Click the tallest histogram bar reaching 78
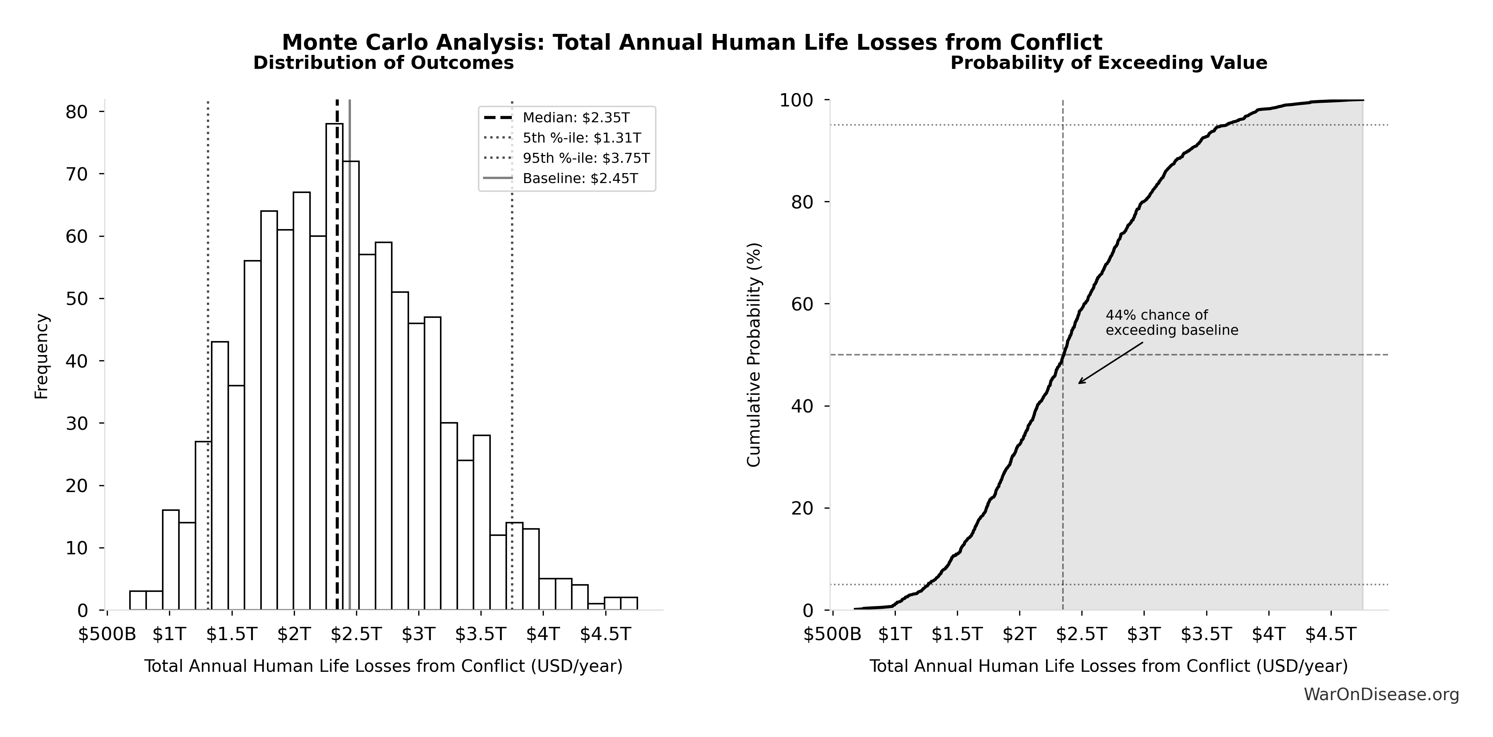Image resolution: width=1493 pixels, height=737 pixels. coord(334,365)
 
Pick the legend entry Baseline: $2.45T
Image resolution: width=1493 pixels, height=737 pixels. coord(580,179)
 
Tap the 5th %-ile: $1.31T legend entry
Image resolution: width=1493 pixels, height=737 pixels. coord(581,138)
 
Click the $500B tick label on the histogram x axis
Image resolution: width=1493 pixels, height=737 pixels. coord(107,634)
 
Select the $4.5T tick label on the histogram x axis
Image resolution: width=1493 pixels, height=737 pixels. coord(605,634)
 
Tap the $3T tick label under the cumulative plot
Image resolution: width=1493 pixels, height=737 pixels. coord(1144,634)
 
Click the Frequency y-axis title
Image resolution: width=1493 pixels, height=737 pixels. coord(42,356)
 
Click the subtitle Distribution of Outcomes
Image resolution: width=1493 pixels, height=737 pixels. coord(384,63)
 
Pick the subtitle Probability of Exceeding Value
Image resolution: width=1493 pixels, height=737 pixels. coord(1109,63)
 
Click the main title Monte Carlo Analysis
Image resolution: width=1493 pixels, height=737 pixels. coord(692,42)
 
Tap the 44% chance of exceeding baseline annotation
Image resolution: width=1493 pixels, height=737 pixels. coord(1171,322)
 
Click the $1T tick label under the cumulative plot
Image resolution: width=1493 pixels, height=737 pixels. coord(895,634)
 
